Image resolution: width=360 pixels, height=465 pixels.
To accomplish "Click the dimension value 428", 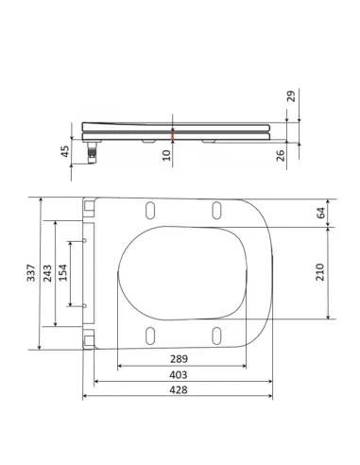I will tap(178, 390).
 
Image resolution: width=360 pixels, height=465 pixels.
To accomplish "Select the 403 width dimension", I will tap(178, 374).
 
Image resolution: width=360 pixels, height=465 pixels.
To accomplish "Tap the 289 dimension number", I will tap(178, 358).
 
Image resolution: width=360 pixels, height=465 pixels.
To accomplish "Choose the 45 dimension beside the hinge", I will tap(65, 151).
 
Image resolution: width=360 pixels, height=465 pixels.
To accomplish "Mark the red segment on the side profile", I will tap(172, 138).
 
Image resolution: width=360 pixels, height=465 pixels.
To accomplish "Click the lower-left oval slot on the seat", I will tap(151, 335).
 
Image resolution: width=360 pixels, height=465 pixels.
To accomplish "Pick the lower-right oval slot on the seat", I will tap(216, 335).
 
